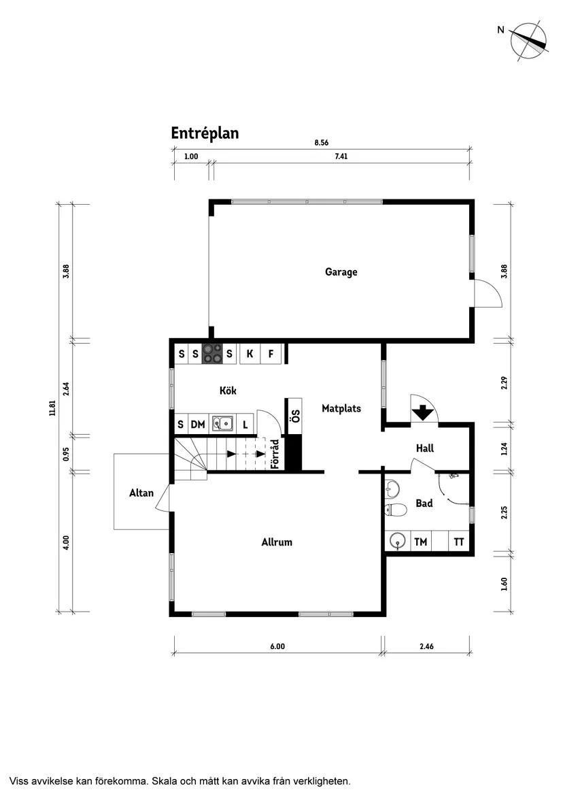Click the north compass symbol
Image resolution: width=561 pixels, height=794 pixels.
click(x=529, y=40)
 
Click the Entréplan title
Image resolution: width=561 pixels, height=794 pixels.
click(x=205, y=133)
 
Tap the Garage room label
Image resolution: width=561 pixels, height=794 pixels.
click(x=341, y=272)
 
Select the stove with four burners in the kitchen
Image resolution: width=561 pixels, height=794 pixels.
click(x=212, y=354)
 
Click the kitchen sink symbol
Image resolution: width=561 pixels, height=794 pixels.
click(x=222, y=424)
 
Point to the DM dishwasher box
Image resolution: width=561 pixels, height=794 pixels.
click(x=198, y=425)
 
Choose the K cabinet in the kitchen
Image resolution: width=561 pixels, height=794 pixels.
click(x=250, y=354)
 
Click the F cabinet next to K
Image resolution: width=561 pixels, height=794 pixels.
click(x=271, y=354)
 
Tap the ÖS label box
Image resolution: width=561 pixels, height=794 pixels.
click(x=295, y=416)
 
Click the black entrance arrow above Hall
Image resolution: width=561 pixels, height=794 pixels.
click(x=422, y=412)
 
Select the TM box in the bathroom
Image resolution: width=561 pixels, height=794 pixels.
click(x=421, y=542)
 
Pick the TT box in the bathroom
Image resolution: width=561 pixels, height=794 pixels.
click(x=459, y=542)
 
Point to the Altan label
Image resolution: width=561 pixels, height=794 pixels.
click(x=141, y=493)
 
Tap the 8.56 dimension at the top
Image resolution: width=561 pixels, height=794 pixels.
click(x=321, y=143)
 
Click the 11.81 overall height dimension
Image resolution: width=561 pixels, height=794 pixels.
click(x=52, y=408)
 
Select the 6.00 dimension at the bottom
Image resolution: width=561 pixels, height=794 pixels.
click(x=277, y=646)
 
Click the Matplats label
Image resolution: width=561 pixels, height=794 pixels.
click(x=341, y=409)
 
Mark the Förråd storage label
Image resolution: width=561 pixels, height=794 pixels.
click(x=275, y=454)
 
